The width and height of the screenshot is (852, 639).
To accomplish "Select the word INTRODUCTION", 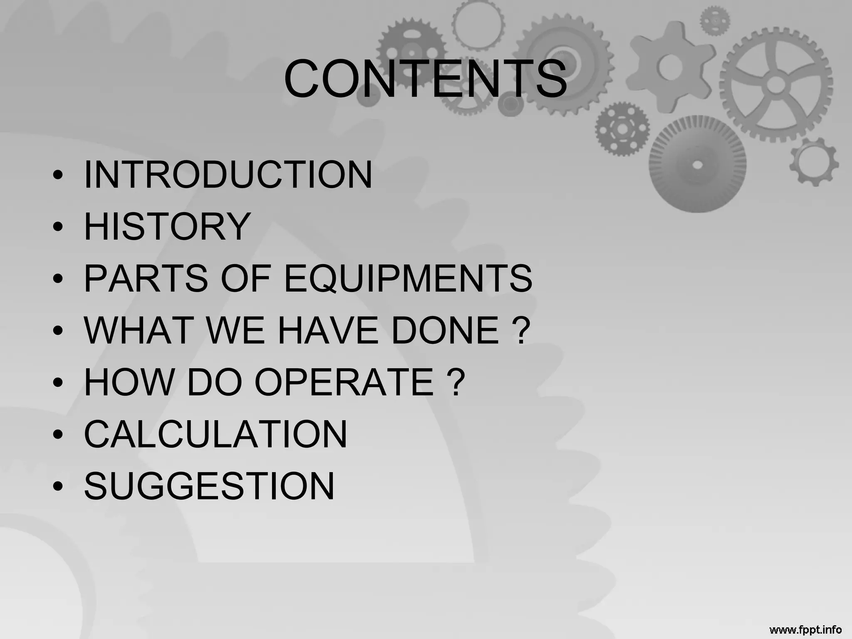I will pyautogui.click(x=228, y=175).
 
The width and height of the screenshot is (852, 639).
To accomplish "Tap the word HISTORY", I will pyautogui.click(x=167, y=227).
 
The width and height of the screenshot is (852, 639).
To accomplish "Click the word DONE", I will pyautogui.click(x=445, y=330).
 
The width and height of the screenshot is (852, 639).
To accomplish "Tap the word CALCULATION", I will pyautogui.click(x=215, y=434).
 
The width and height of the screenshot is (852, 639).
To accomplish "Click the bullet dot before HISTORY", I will pyautogui.click(x=58, y=227).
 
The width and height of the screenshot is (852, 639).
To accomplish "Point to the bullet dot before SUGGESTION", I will pyautogui.click(x=58, y=487).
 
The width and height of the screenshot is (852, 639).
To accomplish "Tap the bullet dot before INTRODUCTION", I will pyautogui.click(x=58, y=175).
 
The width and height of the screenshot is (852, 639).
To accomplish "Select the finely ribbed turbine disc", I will pyautogui.click(x=698, y=165).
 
